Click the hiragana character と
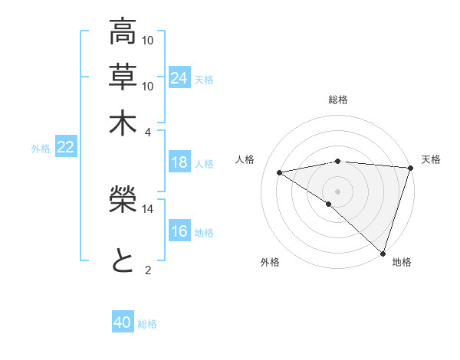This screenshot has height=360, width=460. pyautogui.click(x=123, y=260)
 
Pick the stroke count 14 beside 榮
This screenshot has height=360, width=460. pyautogui.click(x=148, y=208)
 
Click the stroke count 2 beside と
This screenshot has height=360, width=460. pyautogui.click(x=148, y=269)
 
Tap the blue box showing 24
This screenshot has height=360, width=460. pyautogui.click(x=179, y=78)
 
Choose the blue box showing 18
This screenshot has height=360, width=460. pyautogui.click(x=179, y=162)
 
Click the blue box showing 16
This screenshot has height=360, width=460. pyautogui.click(x=179, y=231)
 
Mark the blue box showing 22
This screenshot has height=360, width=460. pyautogui.click(x=65, y=148)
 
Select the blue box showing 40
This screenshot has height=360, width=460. pyautogui.click(x=123, y=323)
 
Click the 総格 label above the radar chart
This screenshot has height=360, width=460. pyautogui.click(x=338, y=100)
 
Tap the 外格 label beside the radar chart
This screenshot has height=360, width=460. pyautogui.click(x=270, y=262)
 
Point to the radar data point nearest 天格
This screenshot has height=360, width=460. pyautogui.click(x=410, y=169)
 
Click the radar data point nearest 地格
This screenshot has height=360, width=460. pyautogui.click(x=383, y=253)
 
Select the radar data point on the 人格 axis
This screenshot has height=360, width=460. pyautogui.click(x=280, y=172)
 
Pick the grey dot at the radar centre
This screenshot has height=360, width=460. pyautogui.click(x=337, y=191)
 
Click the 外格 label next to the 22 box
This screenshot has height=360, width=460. pyautogui.click(x=40, y=149)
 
